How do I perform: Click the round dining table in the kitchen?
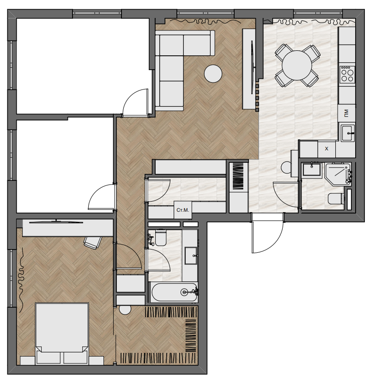(x=296, y=65)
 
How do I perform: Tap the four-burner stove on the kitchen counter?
(x=347, y=74)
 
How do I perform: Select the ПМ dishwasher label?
(x=346, y=113)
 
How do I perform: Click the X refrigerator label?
(x=327, y=149)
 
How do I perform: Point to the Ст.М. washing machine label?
(x=183, y=210)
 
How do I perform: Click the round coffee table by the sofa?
(x=213, y=74)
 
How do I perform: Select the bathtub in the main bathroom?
(x=174, y=292)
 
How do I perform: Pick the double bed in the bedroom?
(x=62, y=333)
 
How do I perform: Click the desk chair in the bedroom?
(x=92, y=242)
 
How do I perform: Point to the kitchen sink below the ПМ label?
(x=347, y=133)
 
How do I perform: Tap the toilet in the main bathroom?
(x=161, y=238)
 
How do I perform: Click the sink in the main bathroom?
(x=191, y=256)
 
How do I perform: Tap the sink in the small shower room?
(x=311, y=169)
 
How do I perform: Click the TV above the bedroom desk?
(x=56, y=221)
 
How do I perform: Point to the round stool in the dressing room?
(x=125, y=310)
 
